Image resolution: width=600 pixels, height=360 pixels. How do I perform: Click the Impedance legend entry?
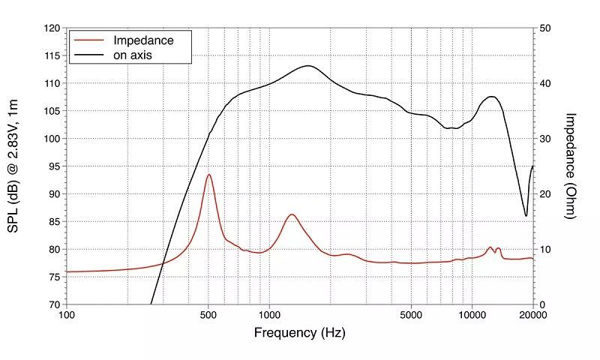(x=142, y=40)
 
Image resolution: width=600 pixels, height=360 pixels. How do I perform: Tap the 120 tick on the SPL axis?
(x=52, y=28)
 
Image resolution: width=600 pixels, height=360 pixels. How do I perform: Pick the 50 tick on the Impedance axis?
(x=546, y=28)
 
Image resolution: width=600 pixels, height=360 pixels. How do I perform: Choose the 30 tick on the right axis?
(x=546, y=139)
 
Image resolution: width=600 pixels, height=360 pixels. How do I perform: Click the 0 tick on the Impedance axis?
(x=543, y=304)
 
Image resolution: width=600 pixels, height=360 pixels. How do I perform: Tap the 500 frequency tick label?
(x=208, y=315)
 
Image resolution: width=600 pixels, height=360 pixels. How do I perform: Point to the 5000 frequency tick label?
(x=411, y=315)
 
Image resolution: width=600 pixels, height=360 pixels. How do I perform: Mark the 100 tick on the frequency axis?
(x=67, y=315)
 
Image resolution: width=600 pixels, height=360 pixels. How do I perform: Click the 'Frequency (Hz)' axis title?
(x=300, y=332)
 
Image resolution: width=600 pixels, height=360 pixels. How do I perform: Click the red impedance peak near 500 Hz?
(x=208, y=175)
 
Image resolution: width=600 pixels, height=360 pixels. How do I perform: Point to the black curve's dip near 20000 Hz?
(x=526, y=216)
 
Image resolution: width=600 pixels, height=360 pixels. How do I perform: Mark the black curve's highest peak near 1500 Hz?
(x=308, y=66)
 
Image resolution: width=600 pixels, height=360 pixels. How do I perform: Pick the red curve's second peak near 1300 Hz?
(x=291, y=215)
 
